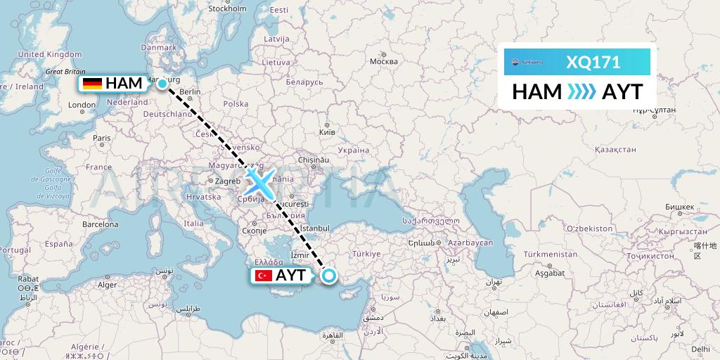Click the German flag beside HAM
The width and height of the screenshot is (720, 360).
click(x=92, y=84)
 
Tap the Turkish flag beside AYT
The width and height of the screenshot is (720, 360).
click(x=264, y=276)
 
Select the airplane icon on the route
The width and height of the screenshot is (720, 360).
click(x=260, y=183)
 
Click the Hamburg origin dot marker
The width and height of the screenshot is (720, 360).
click(x=162, y=84)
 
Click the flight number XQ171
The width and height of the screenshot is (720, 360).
click(x=593, y=63)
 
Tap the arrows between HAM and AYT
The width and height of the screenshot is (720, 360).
click(x=581, y=92)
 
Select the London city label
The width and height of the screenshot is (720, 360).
click(x=82, y=105)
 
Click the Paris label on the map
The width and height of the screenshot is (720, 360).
click(x=102, y=138)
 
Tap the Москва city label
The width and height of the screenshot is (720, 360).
click(x=384, y=61)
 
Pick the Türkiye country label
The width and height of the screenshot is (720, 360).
click(x=366, y=253)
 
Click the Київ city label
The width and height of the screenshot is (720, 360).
click(x=327, y=131)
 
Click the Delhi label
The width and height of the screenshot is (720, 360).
click(x=700, y=348)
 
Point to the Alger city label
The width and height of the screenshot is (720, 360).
click(x=108, y=285)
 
